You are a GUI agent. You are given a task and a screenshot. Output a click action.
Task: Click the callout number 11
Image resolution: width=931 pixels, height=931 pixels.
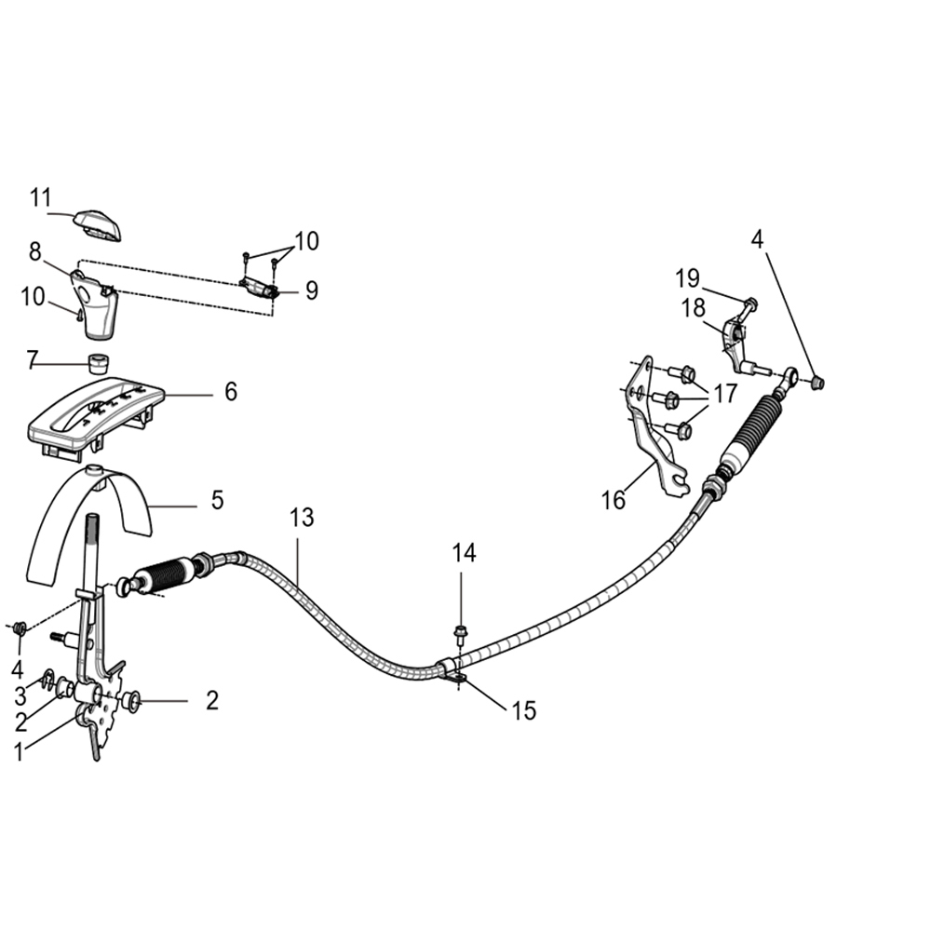pos(39,197)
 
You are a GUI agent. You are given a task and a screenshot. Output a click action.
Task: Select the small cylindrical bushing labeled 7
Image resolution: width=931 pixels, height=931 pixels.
pos(96,361)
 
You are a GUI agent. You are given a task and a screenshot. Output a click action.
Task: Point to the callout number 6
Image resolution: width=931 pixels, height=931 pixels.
pos(230,392)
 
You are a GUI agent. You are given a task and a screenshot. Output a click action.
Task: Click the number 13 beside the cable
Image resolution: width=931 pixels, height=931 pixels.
pos(302,519)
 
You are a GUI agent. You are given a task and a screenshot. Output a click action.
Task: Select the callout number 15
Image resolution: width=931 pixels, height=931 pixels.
pos(523,711)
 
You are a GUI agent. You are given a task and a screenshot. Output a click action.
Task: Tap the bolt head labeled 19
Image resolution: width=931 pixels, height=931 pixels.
pos(750,303)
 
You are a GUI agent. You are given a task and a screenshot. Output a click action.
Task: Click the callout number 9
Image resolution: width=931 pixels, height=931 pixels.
pos(311,290)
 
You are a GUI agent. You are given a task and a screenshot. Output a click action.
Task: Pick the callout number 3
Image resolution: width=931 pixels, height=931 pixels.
pos(20,695)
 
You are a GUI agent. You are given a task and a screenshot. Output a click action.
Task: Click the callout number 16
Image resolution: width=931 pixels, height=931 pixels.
pos(613,500)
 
